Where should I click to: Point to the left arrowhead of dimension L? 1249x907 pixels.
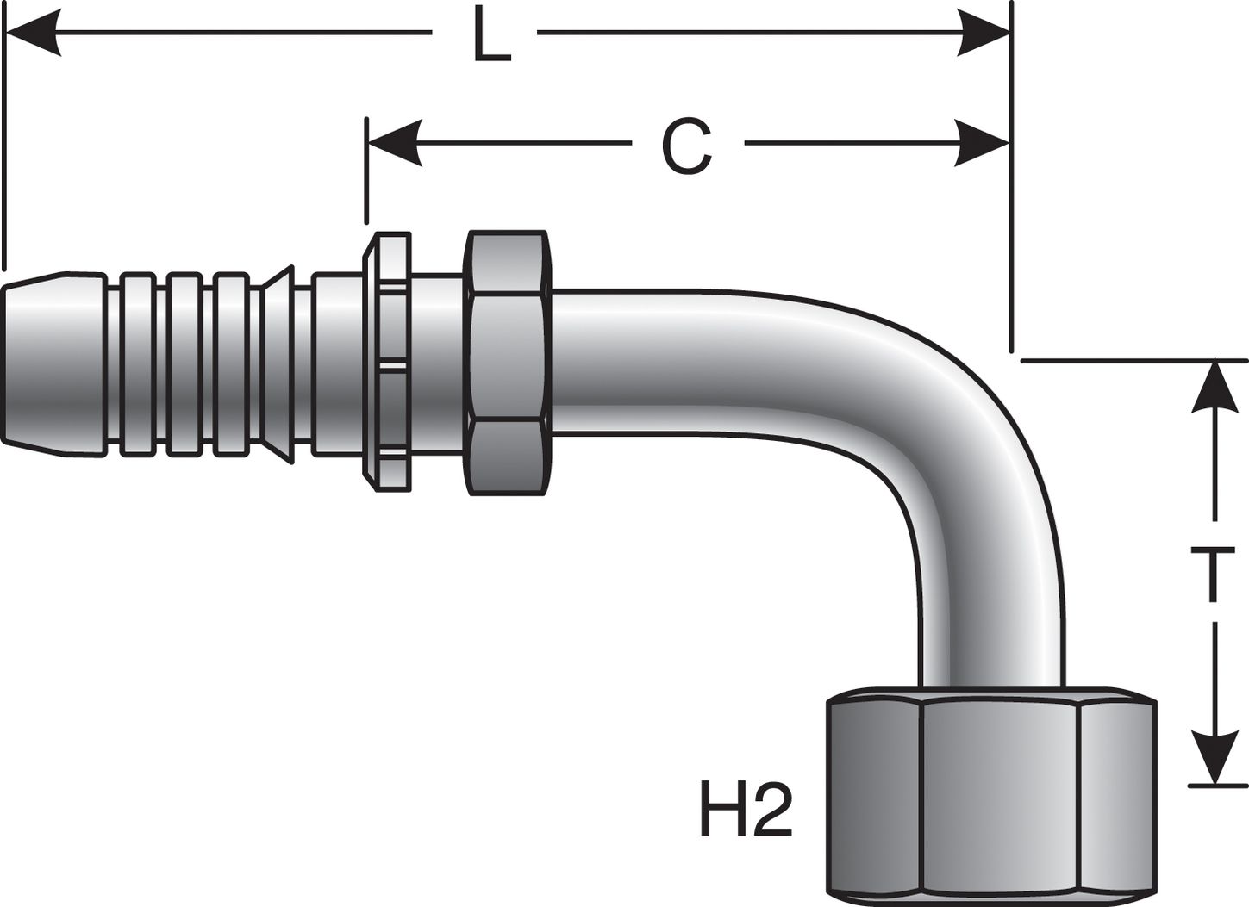point(34,34)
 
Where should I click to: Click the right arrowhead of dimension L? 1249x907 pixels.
point(983,34)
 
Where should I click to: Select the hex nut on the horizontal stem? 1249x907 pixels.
point(506,362)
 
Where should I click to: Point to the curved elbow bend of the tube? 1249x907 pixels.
point(931,405)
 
